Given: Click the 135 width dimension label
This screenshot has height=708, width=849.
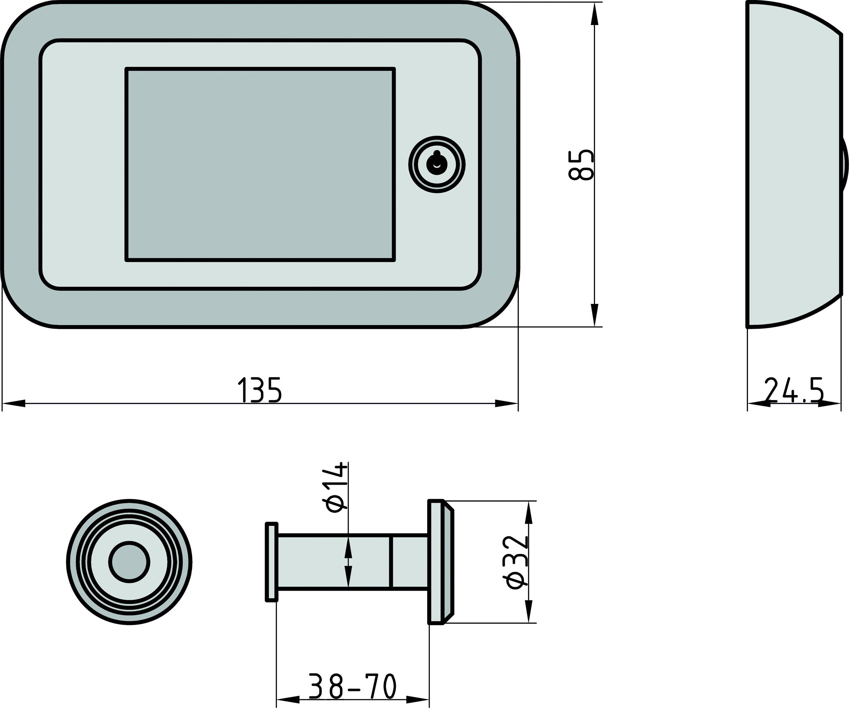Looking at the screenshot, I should (x=259, y=390).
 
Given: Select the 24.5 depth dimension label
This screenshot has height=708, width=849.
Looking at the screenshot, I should (x=794, y=390).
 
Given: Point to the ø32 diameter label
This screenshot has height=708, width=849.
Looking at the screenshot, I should (x=517, y=562).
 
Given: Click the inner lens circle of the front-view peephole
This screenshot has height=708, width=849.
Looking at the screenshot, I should (x=129, y=562).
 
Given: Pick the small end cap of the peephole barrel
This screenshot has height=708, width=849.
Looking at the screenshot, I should (x=271, y=562).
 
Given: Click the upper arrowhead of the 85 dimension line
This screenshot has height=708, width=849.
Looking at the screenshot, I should (x=594, y=14).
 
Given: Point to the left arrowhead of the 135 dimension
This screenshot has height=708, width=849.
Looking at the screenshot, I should (x=13, y=403).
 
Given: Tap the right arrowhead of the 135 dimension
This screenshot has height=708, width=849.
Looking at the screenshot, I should (x=507, y=403).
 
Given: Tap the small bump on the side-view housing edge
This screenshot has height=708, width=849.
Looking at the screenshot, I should (x=845, y=166).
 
